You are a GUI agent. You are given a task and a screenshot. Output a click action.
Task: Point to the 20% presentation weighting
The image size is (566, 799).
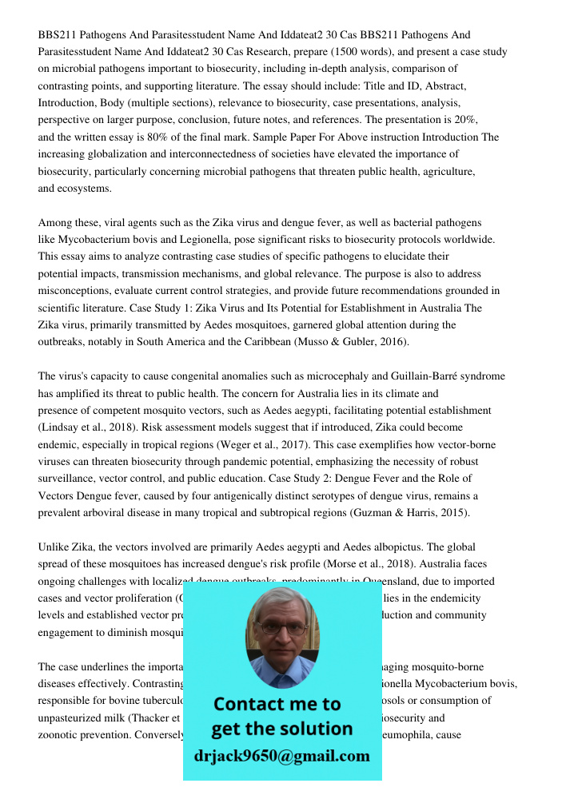(465, 119)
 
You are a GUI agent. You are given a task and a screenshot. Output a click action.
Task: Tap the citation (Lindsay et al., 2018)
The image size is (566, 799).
(83, 427)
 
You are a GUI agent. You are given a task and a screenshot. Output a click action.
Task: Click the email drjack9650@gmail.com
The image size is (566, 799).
(281, 755)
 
